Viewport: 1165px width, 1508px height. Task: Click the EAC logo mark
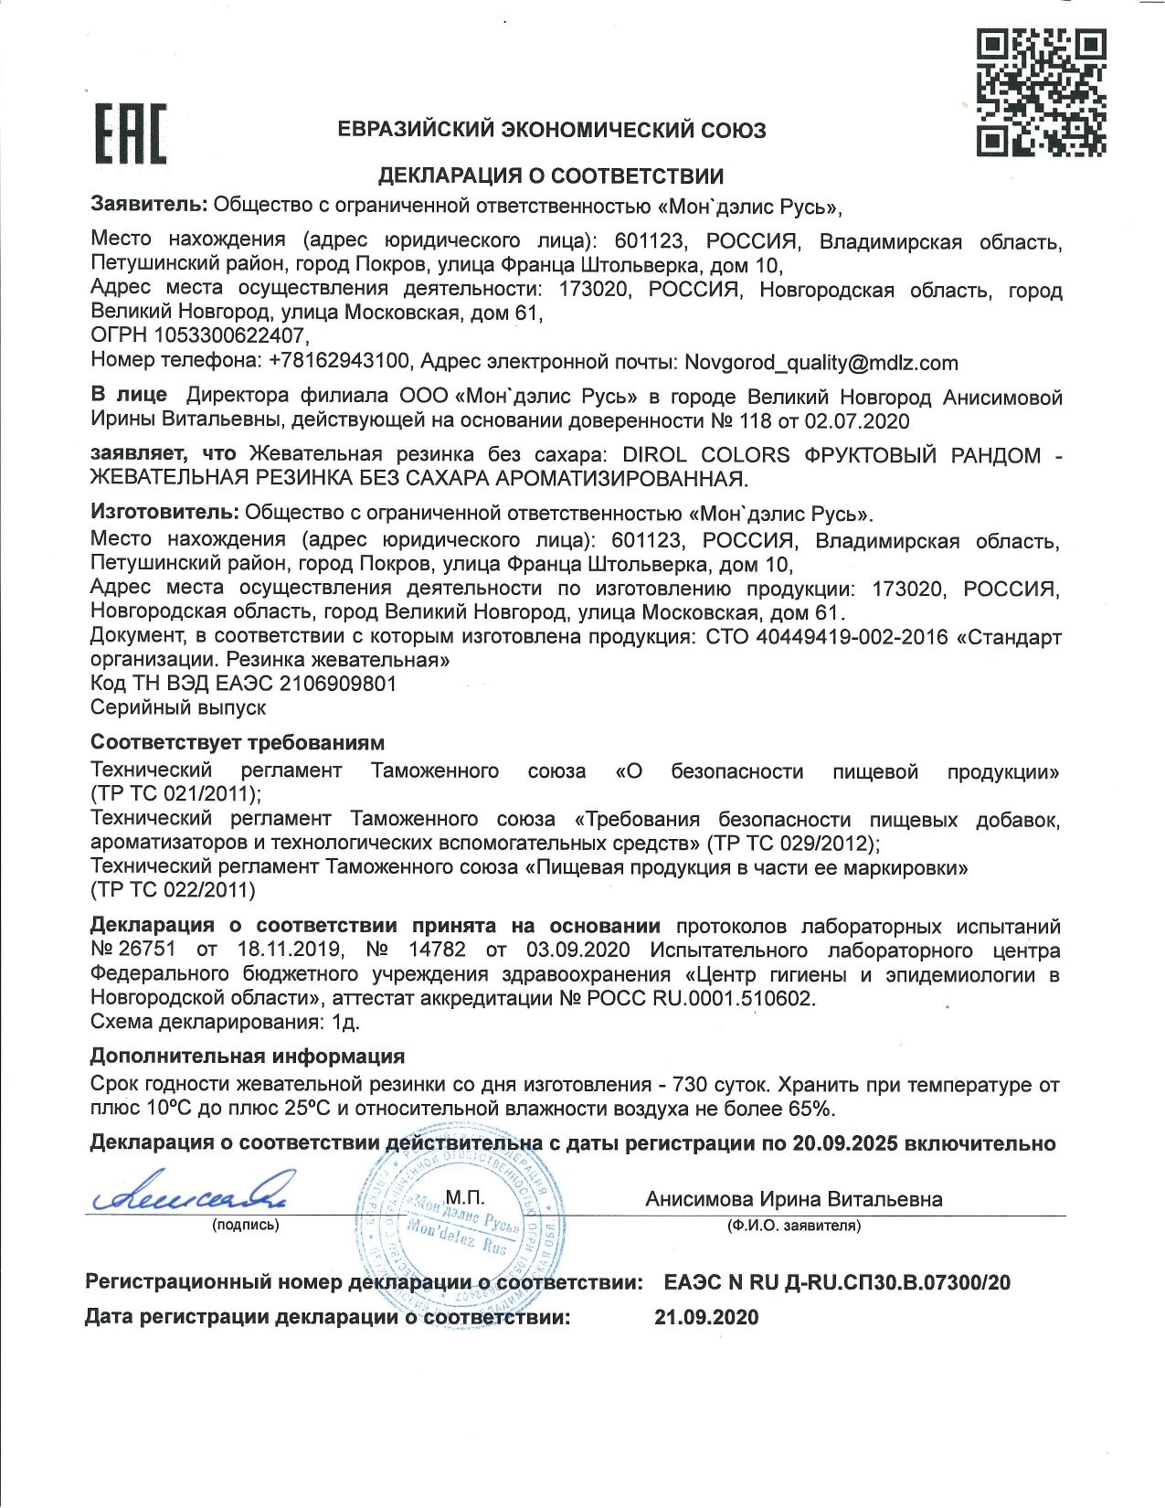tap(132, 134)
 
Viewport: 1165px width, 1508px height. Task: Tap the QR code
tap(1041, 92)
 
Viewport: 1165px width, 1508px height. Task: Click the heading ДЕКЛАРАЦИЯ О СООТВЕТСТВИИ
tap(551, 175)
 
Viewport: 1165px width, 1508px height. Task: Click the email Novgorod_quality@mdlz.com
tap(821, 363)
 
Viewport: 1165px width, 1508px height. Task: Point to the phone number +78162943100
tap(339, 361)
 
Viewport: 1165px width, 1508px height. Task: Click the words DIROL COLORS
tap(705, 454)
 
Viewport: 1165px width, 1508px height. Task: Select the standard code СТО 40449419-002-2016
tap(827, 636)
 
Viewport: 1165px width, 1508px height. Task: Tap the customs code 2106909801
tap(338, 684)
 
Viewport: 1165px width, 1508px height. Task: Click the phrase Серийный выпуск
tap(178, 707)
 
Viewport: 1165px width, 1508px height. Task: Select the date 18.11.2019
tap(290, 950)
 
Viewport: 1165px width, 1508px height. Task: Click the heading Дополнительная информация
tap(247, 1057)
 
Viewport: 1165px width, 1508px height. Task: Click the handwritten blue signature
tap(188, 1192)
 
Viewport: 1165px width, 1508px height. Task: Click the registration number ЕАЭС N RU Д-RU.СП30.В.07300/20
tap(837, 1282)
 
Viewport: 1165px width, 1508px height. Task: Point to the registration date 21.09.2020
tap(706, 1317)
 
